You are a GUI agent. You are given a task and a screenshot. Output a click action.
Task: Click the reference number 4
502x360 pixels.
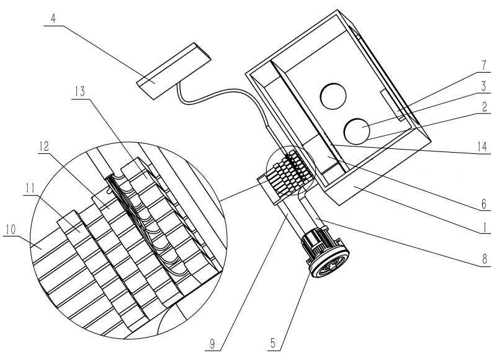click(x=53, y=19)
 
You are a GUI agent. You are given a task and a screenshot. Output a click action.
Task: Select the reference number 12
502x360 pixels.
click(x=43, y=146)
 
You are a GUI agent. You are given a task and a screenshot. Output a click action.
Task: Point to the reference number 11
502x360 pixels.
click(x=30, y=188)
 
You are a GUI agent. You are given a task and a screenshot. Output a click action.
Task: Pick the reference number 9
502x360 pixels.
click(x=212, y=344)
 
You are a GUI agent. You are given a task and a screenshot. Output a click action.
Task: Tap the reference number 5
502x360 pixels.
click(x=273, y=343)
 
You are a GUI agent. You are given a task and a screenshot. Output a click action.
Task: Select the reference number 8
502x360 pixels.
click(x=485, y=259)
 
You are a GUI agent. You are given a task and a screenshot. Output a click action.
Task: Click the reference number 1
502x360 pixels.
click(x=485, y=228)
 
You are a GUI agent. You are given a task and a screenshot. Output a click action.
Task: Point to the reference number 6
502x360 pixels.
click(x=484, y=204)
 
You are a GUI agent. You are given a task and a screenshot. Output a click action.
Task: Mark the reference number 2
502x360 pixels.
click(x=485, y=107)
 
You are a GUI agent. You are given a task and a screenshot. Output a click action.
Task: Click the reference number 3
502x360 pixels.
click(x=484, y=86)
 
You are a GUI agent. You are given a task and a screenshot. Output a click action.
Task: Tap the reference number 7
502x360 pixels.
click(x=484, y=65)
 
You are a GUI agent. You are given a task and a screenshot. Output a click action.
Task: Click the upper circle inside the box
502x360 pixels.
click(x=334, y=96)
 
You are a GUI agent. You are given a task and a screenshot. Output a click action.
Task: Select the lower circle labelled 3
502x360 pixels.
click(x=357, y=131)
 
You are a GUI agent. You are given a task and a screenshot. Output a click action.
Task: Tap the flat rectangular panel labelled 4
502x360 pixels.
click(x=174, y=71)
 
